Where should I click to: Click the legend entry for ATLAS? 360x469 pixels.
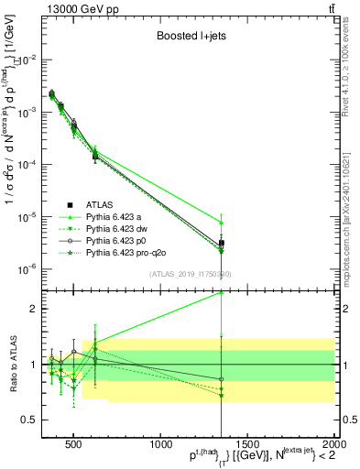[98, 204]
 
